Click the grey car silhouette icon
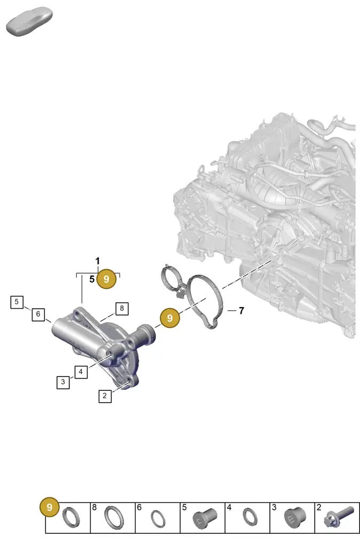29,21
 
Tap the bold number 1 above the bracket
98,261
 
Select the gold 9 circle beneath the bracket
107,279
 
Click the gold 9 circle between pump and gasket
170,318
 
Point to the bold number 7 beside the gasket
241,311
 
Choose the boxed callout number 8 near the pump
122,308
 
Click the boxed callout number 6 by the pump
38,314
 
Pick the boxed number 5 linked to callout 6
17,302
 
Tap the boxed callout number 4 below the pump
81,372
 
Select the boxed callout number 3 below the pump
63,382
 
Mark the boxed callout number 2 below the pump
105,396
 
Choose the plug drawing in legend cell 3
295,518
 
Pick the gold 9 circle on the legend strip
50,507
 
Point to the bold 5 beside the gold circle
92,279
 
